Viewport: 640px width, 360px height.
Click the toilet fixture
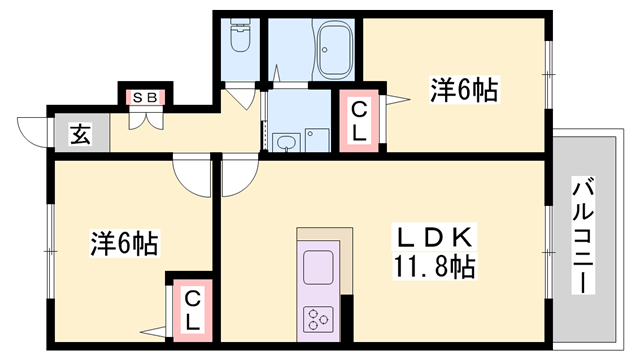(x=240, y=38)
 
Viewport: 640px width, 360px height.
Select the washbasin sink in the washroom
(x=286, y=141)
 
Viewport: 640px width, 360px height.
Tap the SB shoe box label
(x=146, y=97)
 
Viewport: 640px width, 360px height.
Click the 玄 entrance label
(x=79, y=134)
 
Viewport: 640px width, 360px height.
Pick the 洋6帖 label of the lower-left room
(x=125, y=244)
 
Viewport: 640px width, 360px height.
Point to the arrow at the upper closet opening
(x=399, y=98)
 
